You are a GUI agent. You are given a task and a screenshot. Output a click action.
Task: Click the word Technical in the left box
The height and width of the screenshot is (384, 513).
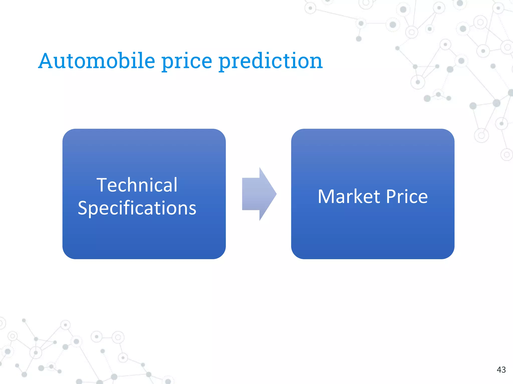point(137,185)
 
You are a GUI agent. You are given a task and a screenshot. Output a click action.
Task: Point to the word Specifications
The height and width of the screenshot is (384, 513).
point(137,208)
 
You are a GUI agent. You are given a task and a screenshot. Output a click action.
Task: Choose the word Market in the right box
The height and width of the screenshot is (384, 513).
point(349,196)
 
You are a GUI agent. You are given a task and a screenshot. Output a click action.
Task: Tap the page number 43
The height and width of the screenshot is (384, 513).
point(501,370)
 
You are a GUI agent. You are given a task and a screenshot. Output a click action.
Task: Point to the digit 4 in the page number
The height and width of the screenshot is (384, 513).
point(499,370)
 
